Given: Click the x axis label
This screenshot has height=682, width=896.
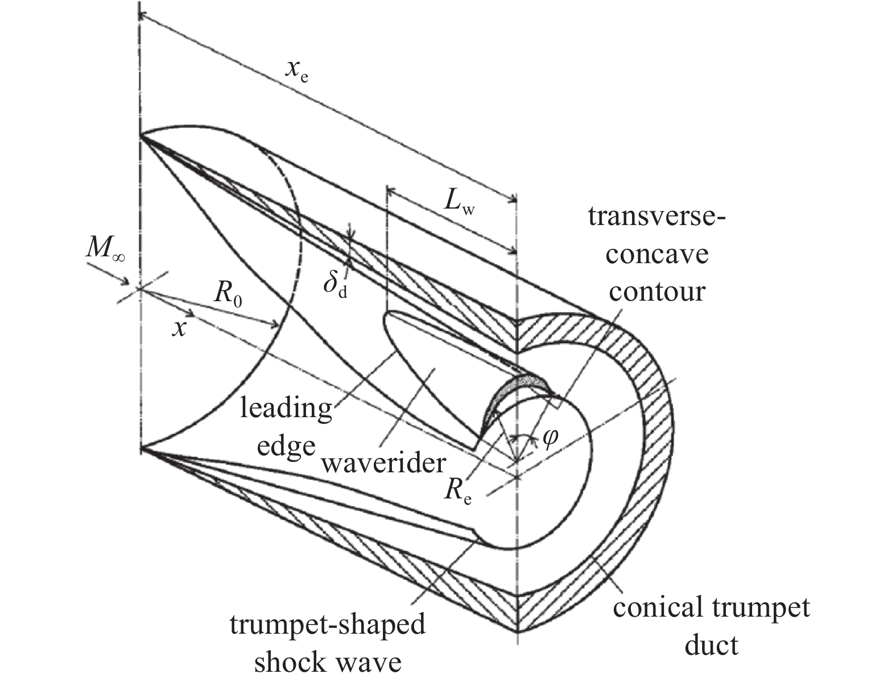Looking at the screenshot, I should [179, 328].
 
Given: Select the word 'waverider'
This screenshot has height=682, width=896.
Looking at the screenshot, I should [383, 463].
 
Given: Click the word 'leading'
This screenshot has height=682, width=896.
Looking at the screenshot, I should [286, 408].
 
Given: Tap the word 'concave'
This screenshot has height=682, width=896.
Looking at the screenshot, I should [656, 253].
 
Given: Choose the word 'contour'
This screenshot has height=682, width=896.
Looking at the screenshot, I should [656, 291].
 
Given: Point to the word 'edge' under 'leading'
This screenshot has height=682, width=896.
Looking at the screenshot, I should [286, 446].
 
